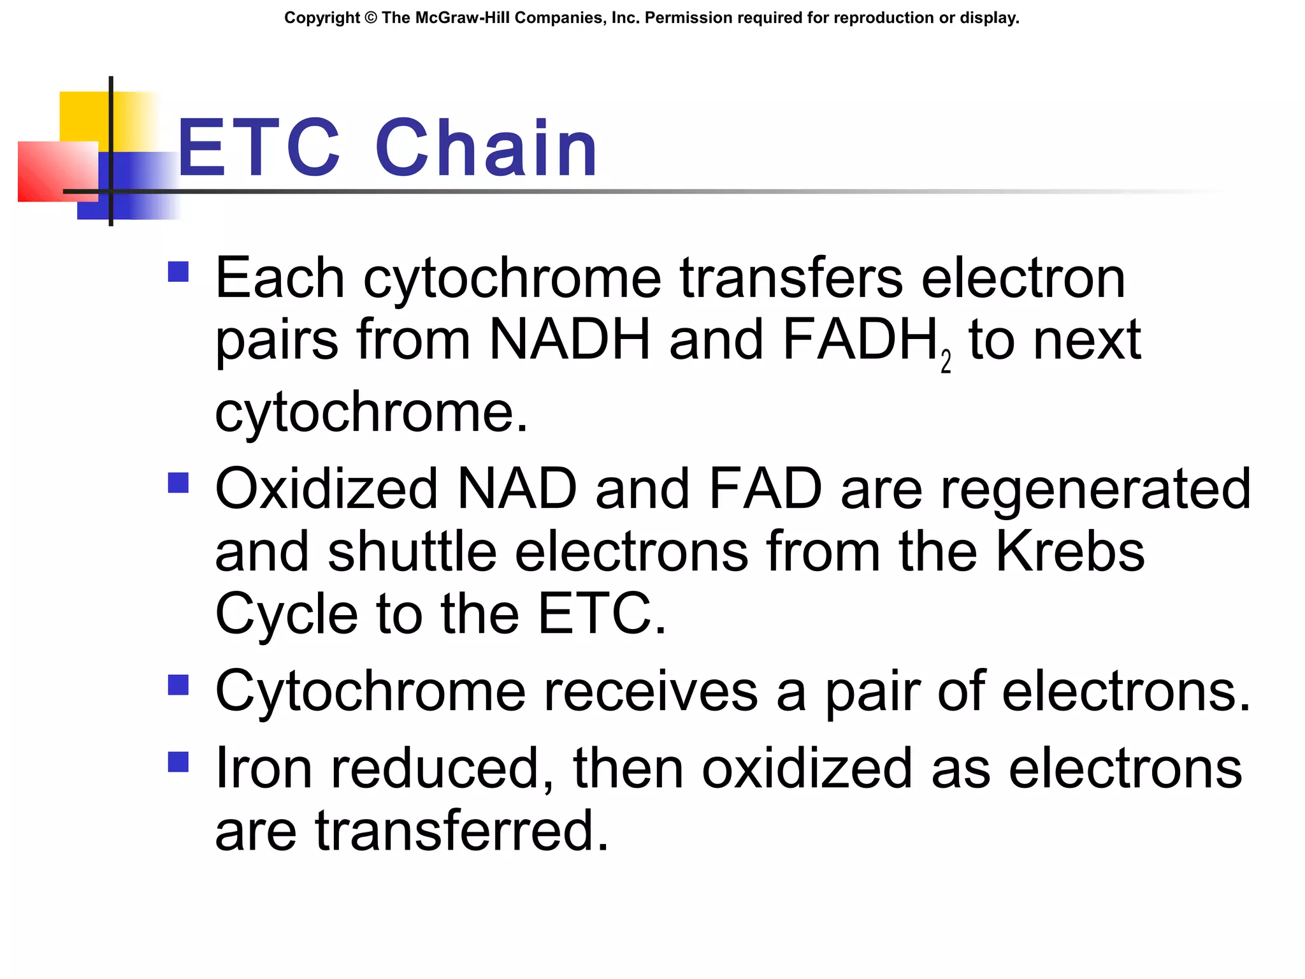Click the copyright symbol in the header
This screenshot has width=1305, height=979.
(x=371, y=18)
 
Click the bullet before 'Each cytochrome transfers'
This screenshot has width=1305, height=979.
(x=178, y=272)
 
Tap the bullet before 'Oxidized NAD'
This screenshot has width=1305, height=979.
(x=178, y=482)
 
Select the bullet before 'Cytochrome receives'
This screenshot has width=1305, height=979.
(x=178, y=685)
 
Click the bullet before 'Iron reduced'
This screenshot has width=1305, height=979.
(x=178, y=762)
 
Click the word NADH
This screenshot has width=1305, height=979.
(x=570, y=340)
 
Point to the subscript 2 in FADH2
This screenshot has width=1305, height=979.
(x=946, y=362)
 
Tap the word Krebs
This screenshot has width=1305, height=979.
(x=1070, y=552)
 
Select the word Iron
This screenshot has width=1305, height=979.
(x=263, y=769)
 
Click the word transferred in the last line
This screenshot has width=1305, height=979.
(x=462, y=831)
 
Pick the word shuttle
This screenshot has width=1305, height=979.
(x=412, y=552)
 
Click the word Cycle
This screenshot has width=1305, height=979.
(x=286, y=614)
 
